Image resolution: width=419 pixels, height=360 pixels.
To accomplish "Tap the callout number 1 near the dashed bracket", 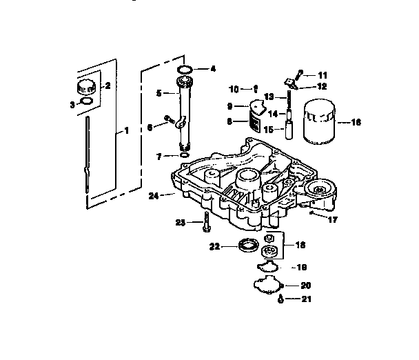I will pyautogui.click(x=126, y=131).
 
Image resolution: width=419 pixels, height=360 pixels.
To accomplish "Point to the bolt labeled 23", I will pyautogui.click(x=205, y=223).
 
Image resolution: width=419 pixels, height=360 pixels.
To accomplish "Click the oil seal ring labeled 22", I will pyautogui.click(x=247, y=244).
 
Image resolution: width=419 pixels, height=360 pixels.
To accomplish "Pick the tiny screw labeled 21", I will pyautogui.click(x=281, y=298).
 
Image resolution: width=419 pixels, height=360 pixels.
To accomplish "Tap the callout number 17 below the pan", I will pyautogui.click(x=332, y=221).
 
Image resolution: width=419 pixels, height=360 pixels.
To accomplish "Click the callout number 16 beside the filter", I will pyautogui.click(x=356, y=122).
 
